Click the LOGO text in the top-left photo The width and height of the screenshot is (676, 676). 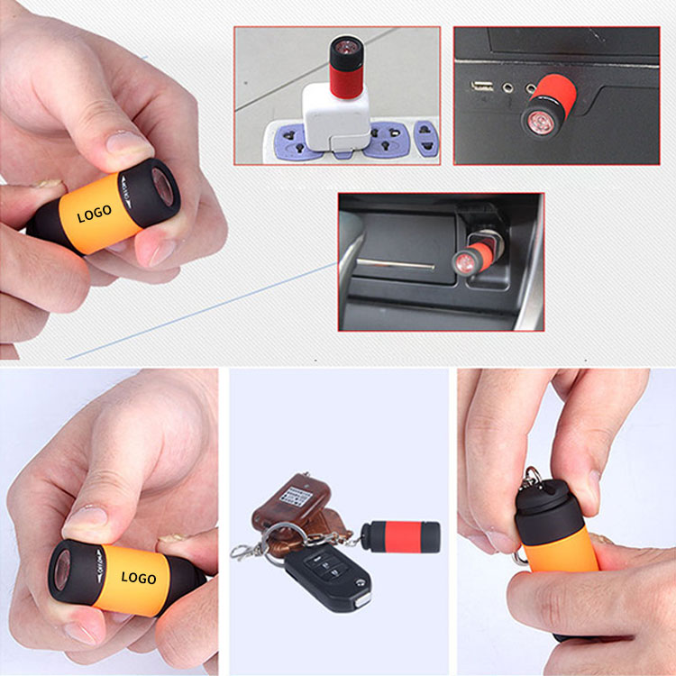(x=95, y=213)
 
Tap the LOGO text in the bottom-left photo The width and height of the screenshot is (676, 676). (x=138, y=578)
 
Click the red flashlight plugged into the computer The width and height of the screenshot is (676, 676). (x=544, y=105)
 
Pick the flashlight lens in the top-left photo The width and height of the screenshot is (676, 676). (x=166, y=187)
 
